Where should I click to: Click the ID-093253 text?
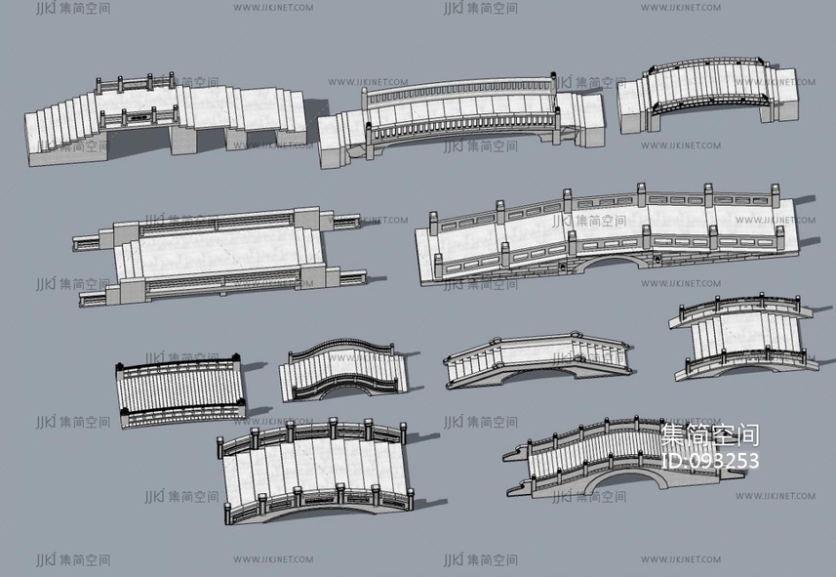[x=709, y=460]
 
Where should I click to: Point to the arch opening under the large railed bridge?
[x=610, y=263]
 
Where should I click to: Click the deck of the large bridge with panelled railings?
[x=605, y=229]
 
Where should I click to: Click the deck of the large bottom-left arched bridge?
[x=312, y=469]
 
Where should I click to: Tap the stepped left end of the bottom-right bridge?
[x=521, y=468]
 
